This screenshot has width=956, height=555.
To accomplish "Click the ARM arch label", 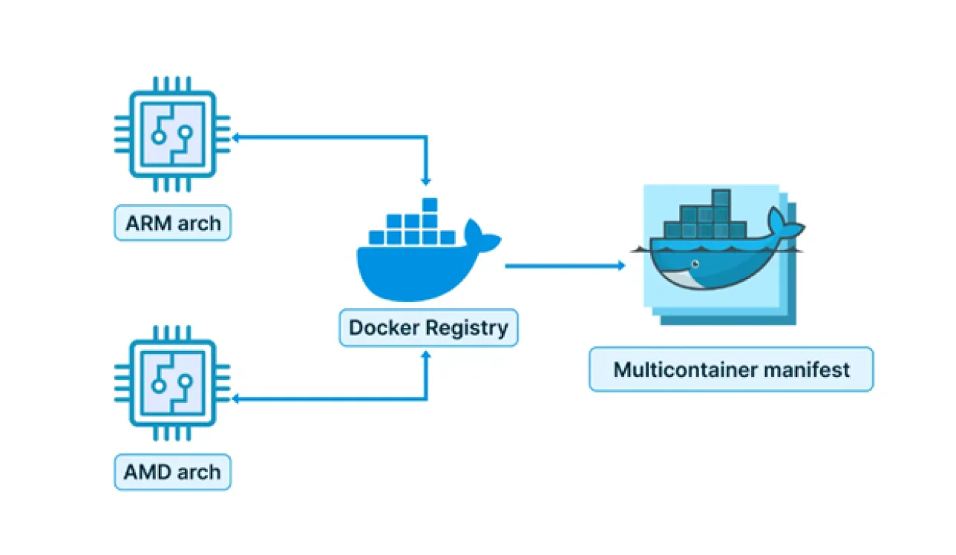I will [x=173, y=223].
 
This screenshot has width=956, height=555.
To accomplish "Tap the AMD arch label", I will [x=173, y=472].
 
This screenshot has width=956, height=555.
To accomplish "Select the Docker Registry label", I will [x=428, y=328].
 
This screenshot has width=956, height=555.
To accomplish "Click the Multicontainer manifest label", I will [x=731, y=370].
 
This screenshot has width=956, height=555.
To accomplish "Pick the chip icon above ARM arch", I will [x=172, y=134].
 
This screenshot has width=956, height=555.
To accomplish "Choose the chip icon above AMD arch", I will [x=172, y=382].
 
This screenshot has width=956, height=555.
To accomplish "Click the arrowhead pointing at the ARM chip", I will [x=235, y=137].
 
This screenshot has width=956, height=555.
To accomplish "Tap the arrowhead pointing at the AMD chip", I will [x=235, y=399].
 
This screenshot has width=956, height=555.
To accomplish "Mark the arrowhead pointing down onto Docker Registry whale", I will [x=426, y=180].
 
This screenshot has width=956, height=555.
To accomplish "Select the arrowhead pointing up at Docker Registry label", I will [x=426, y=356].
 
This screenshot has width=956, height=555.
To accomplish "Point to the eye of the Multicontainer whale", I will [x=695, y=264].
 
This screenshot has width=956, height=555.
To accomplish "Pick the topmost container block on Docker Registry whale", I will [x=429, y=206].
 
